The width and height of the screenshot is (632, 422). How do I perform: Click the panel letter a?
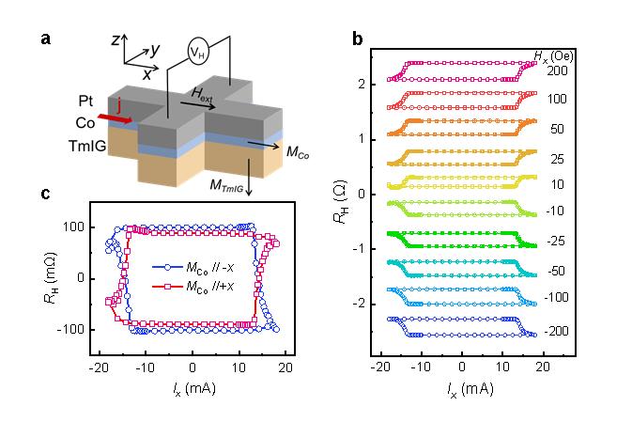click(x=46, y=39)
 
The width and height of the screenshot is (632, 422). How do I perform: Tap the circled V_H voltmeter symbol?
click(x=198, y=52)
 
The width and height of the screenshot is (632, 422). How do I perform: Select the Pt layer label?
click(x=85, y=102)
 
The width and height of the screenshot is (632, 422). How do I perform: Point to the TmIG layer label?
click(x=87, y=146)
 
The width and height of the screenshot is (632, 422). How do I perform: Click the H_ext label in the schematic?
click(x=202, y=94)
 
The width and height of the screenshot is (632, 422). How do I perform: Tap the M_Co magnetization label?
click(x=298, y=152)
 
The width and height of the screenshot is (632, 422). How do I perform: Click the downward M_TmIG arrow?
click(x=249, y=177)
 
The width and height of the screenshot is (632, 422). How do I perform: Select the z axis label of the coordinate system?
click(x=116, y=39)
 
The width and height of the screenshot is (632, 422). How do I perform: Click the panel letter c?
click(x=46, y=194)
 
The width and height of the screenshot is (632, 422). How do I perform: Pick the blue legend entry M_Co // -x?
click(x=193, y=267)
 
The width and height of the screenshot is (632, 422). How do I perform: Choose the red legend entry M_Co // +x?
click(x=193, y=287)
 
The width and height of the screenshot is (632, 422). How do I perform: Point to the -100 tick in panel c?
click(x=70, y=330)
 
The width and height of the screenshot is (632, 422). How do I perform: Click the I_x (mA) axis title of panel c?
click(x=194, y=389)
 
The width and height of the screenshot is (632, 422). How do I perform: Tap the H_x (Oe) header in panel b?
click(x=553, y=56)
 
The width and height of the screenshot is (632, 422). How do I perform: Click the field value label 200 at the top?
click(x=557, y=71)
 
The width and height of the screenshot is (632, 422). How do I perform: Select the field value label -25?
click(x=556, y=242)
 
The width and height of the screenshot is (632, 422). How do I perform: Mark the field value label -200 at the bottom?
click(x=556, y=331)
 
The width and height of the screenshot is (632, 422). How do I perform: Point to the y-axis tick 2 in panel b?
click(x=362, y=85)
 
